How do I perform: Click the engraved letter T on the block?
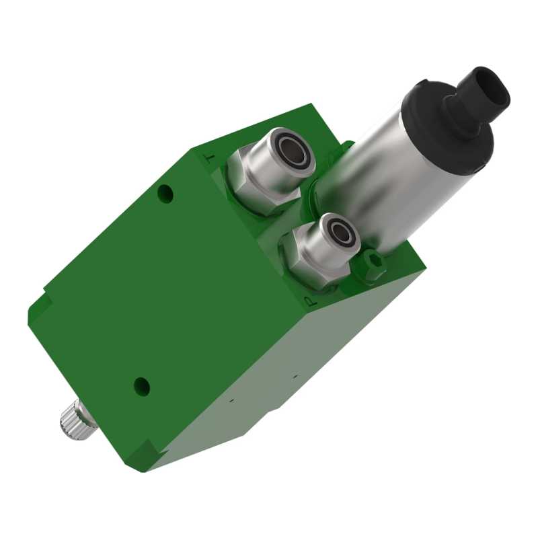[x=210, y=158]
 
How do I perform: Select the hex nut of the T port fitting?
[x=252, y=186]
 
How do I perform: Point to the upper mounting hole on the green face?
[x=165, y=193]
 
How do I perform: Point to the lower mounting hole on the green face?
[x=142, y=387]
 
